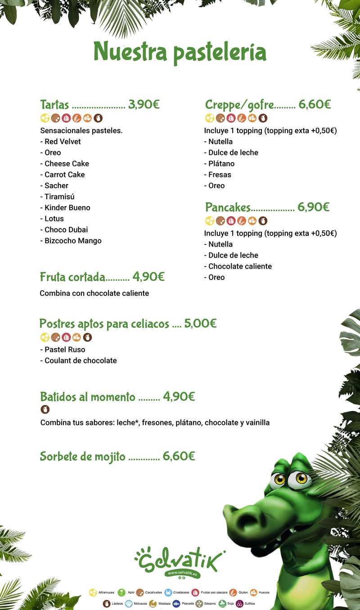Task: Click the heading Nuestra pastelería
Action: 180,52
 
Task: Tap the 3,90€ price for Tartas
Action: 144,105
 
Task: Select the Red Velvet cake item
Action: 63,141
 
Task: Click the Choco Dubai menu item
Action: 66,230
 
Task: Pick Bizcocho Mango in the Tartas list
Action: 73,241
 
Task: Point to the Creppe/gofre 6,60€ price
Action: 315,105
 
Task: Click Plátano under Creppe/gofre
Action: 221,163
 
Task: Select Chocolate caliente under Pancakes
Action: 240,267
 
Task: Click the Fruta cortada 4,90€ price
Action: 148,276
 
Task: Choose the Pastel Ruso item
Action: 65,349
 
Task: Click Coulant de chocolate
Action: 81,361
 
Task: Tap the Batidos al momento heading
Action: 88,397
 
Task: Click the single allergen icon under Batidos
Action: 45,409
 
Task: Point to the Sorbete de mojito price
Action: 179,456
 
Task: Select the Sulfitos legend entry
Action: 245,603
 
